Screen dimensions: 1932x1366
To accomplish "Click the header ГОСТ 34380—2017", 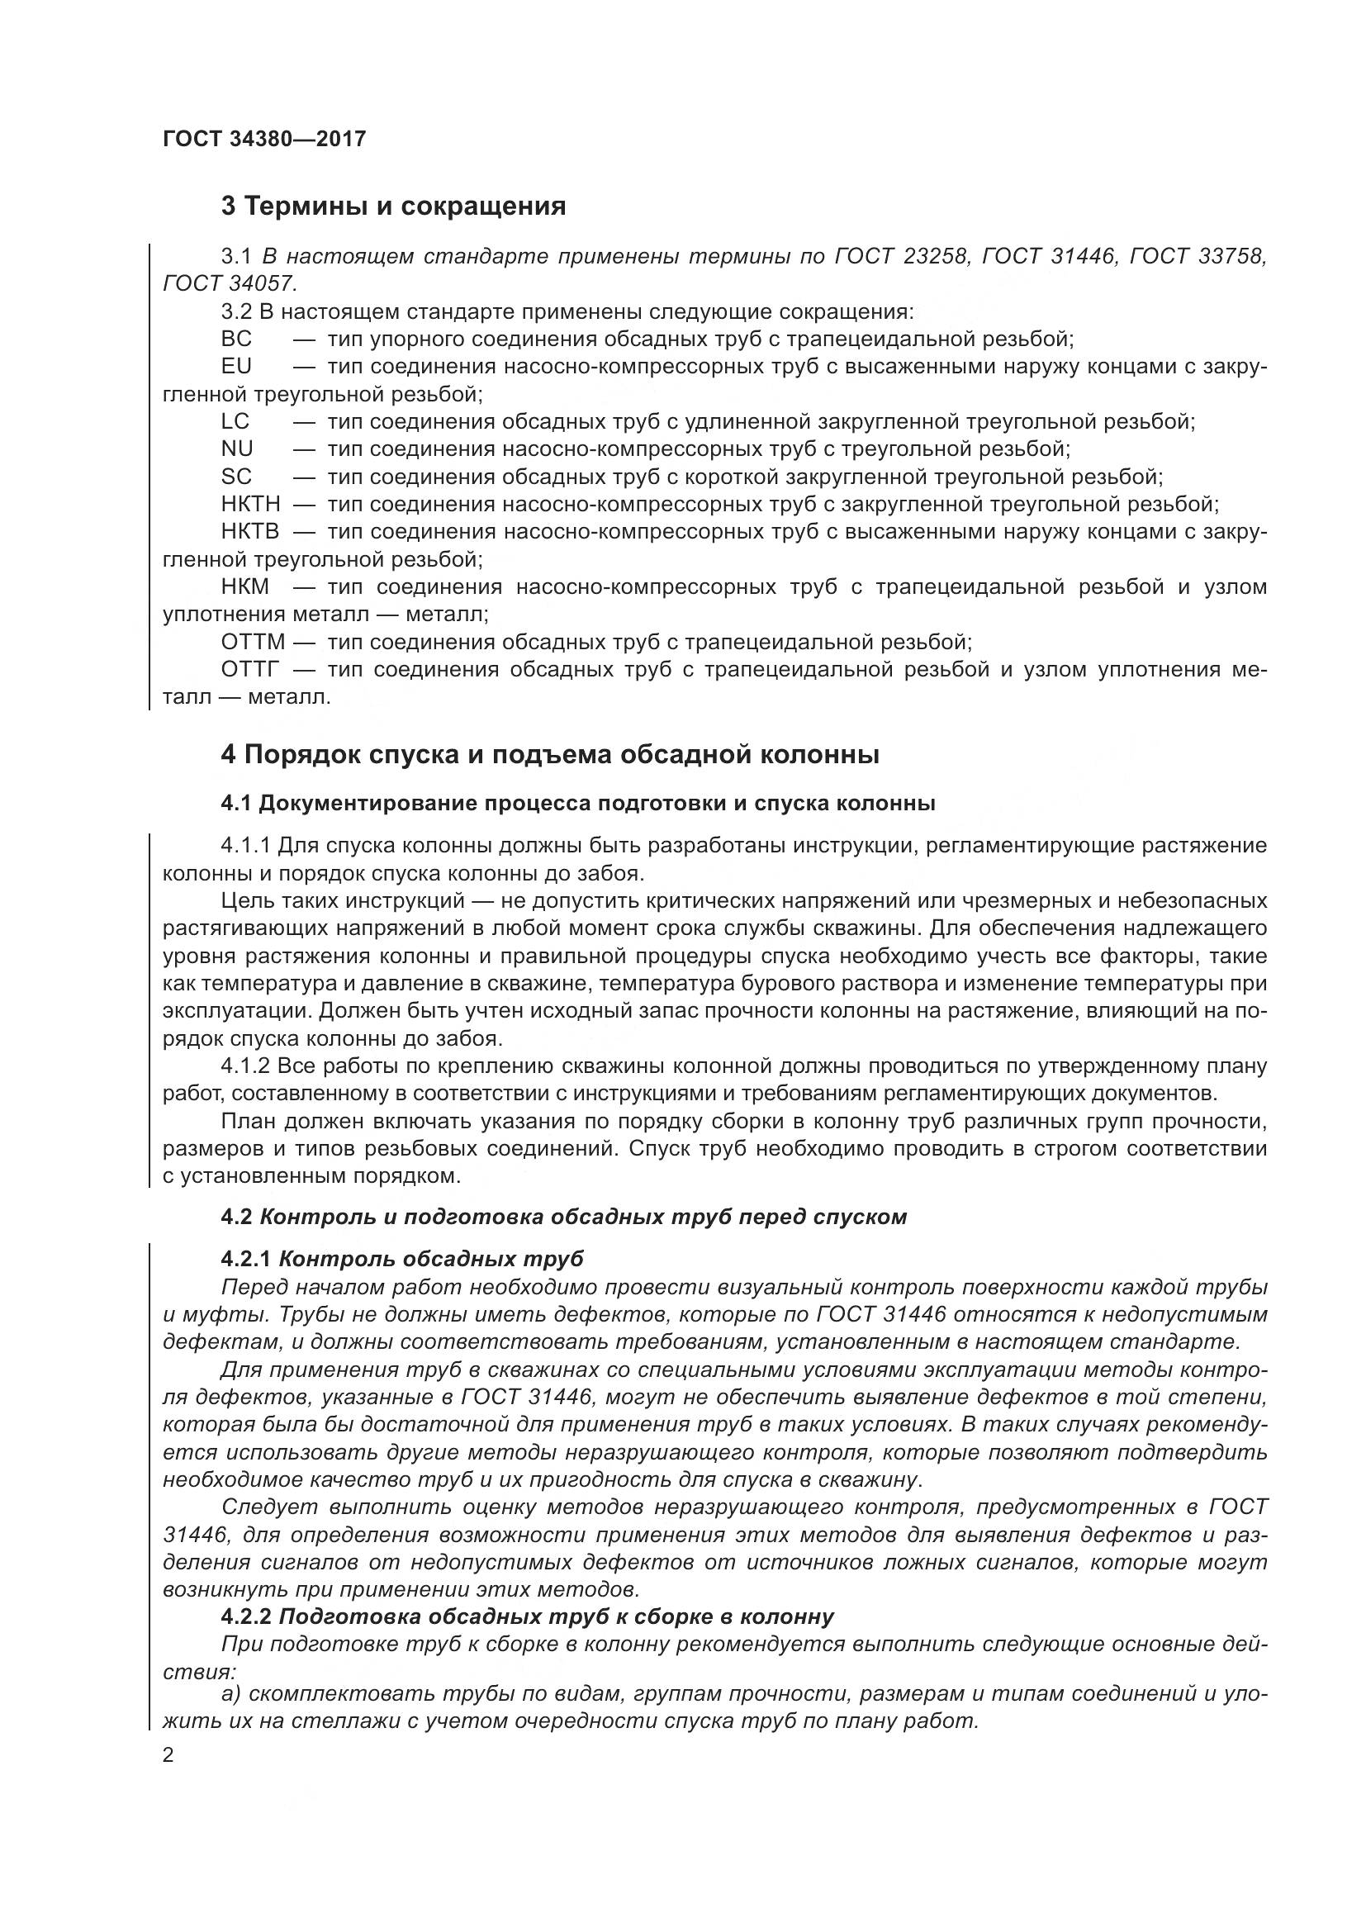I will [x=264, y=139].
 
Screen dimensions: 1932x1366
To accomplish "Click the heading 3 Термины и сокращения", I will [x=393, y=206].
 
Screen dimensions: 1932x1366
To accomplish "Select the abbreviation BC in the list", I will [x=236, y=339].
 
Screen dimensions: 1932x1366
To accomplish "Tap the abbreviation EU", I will [x=236, y=367].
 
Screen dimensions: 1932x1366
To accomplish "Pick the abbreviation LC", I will [x=235, y=421].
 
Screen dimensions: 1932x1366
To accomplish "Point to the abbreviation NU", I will [x=237, y=449].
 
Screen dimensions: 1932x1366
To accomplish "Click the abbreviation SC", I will [x=236, y=477].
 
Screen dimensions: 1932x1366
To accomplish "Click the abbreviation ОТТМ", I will [x=254, y=643].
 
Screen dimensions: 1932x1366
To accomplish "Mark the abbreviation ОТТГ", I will [x=251, y=670].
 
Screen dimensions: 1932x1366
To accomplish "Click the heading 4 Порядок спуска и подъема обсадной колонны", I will [x=550, y=755].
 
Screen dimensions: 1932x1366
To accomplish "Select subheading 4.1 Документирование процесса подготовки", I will [x=578, y=803].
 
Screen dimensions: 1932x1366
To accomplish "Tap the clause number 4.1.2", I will [x=244, y=1066].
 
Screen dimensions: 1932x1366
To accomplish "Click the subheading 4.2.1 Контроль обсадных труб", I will [x=402, y=1259].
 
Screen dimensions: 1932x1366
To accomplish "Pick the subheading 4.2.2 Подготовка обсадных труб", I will [x=528, y=1616].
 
